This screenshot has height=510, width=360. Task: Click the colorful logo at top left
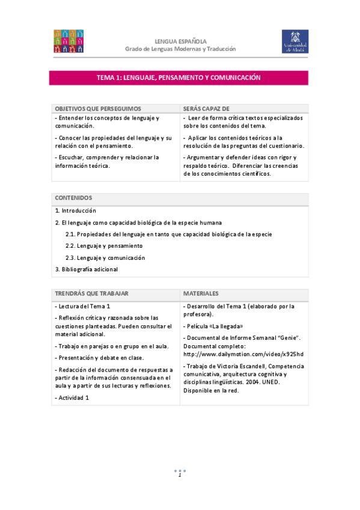69,41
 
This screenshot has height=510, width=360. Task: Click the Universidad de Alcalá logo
294,41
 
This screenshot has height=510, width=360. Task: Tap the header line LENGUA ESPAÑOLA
180,40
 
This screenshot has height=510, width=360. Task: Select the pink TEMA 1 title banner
178,78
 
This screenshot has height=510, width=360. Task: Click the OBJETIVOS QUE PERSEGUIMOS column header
98,109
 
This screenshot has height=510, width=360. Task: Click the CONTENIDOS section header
73,198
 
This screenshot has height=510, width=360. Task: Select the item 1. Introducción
76,211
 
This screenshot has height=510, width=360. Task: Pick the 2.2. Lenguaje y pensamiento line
104,246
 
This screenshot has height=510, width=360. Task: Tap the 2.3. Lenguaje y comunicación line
105,257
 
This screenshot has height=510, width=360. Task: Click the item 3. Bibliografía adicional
87,269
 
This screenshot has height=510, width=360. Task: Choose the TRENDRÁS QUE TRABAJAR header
92,293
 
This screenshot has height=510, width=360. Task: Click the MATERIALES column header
201,293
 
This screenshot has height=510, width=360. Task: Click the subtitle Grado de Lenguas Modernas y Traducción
180,49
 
